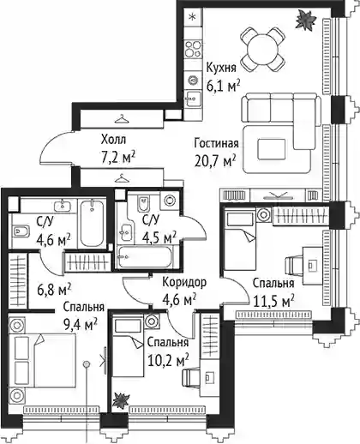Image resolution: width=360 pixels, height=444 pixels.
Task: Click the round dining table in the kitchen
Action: coord(262,49)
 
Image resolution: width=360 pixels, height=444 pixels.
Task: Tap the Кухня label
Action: coord(221,69)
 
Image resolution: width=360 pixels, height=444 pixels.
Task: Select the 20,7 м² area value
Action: coord(215,161)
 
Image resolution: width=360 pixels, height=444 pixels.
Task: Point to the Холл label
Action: coord(113,141)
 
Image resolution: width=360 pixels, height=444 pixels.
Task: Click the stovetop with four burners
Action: coord(193,49)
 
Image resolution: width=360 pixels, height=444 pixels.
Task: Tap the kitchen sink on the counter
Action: coord(193,99)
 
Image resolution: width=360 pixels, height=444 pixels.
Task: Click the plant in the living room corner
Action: coord(305,20)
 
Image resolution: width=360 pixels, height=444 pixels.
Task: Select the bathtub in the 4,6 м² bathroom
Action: coord(92,222)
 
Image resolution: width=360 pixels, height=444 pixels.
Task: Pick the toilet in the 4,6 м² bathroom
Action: coord(21,231)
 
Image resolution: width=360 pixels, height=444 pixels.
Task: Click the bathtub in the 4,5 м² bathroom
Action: coord(145,256)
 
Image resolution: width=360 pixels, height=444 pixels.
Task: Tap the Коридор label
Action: coord(184,283)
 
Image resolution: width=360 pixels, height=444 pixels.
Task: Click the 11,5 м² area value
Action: coord(274,301)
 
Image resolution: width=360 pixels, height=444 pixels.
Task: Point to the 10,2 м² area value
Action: coord(168,360)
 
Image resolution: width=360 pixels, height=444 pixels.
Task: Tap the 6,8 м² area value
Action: coord(54,290)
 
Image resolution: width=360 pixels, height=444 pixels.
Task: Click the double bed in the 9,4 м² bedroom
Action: coord(43,361)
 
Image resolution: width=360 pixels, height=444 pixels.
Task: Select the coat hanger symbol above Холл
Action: coord(122,119)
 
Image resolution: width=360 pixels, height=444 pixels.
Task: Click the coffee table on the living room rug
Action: coord(271,149)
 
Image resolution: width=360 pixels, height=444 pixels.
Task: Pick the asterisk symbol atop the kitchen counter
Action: coord(193,17)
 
